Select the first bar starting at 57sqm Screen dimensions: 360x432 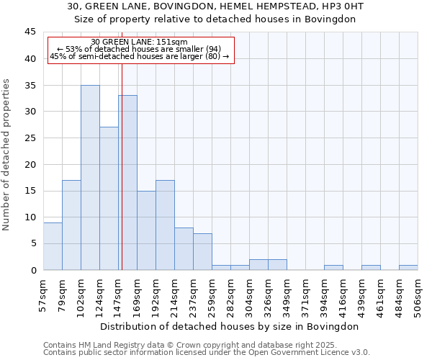(53, 246)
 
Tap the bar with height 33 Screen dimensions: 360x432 (128, 183)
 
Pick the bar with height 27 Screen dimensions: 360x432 (109, 199)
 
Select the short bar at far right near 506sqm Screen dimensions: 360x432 (408, 267)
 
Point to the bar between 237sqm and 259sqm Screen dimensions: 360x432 (202, 251)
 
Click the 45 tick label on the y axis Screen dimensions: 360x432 (30, 32)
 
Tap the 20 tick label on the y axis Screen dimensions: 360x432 (30, 164)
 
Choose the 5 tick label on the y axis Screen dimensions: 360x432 (32, 243)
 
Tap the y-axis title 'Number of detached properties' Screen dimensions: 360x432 (7, 155)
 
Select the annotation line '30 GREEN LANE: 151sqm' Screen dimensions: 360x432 (140, 42)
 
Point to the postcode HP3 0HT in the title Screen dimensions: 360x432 (341, 6)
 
